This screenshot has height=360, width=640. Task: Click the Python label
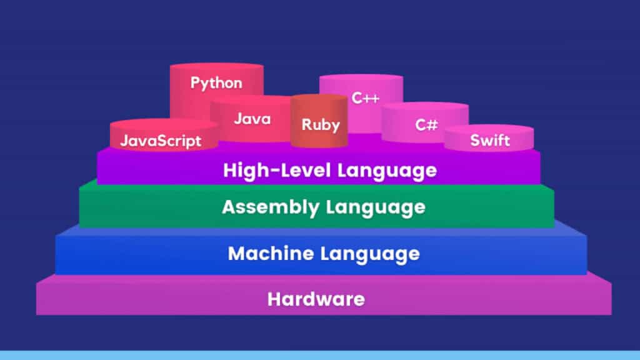[x=216, y=82]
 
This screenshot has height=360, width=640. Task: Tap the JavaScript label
[x=161, y=141]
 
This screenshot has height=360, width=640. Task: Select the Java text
[x=252, y=119]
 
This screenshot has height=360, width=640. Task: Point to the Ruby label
[x=321, y=124]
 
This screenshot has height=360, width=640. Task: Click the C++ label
[x=366, y=98]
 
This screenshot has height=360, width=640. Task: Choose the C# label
[x=426, y=124]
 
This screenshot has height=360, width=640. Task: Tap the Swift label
[x=490, y=140]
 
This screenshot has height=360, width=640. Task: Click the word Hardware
[x=316, y=299]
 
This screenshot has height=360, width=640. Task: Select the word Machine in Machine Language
[x=270, y=254]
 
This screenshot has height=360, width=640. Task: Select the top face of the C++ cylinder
[x=361, y=79]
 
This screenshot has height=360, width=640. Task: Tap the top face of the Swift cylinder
[x=489, y=129]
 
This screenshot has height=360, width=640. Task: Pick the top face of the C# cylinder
[x=425, y=107]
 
